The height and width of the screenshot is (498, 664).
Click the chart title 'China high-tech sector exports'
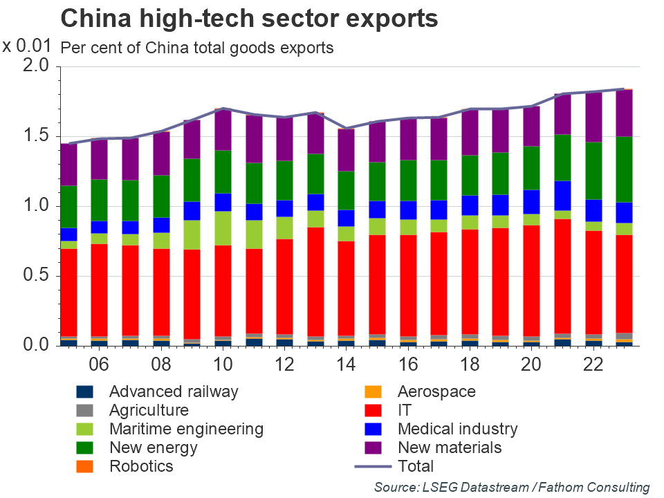249,19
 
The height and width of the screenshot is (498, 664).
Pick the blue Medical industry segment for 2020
531,201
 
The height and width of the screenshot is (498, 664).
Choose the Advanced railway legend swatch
84,391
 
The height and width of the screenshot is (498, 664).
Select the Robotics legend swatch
84,466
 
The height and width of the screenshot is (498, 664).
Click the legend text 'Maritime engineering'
186,429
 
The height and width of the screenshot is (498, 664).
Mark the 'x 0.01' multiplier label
27,46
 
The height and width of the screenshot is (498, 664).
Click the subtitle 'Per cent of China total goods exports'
197,48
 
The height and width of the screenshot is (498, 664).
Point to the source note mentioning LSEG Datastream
512,488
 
